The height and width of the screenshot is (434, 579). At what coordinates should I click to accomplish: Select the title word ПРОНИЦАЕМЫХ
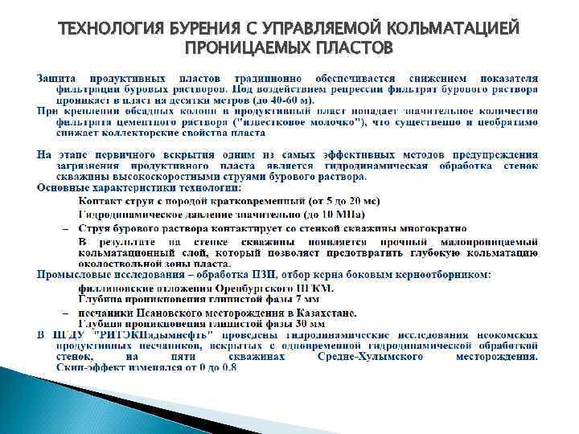point(238,51)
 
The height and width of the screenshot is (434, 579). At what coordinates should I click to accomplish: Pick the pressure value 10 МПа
point(342,215)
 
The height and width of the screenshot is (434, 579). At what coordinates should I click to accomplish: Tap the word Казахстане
point(322,313)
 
